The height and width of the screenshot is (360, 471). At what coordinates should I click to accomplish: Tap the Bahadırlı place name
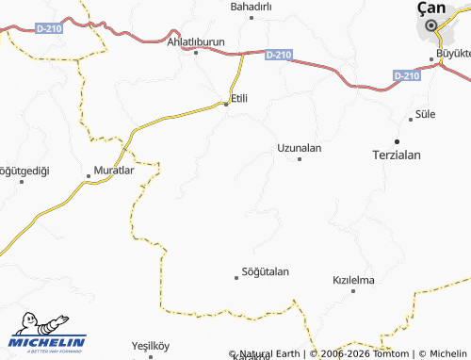251,7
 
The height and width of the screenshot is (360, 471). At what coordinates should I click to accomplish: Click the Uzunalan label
300,148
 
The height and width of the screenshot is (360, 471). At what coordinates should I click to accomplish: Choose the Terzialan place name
396,155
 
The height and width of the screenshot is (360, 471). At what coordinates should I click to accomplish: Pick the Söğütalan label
266,271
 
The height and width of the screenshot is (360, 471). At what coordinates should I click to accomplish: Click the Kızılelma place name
354,281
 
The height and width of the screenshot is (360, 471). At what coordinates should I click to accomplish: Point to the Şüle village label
426,115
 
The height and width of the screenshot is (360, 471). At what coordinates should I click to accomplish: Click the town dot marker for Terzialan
397,141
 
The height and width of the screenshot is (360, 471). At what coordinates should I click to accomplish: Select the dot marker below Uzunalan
300,159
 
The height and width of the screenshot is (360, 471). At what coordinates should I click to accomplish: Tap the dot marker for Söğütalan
236,277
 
